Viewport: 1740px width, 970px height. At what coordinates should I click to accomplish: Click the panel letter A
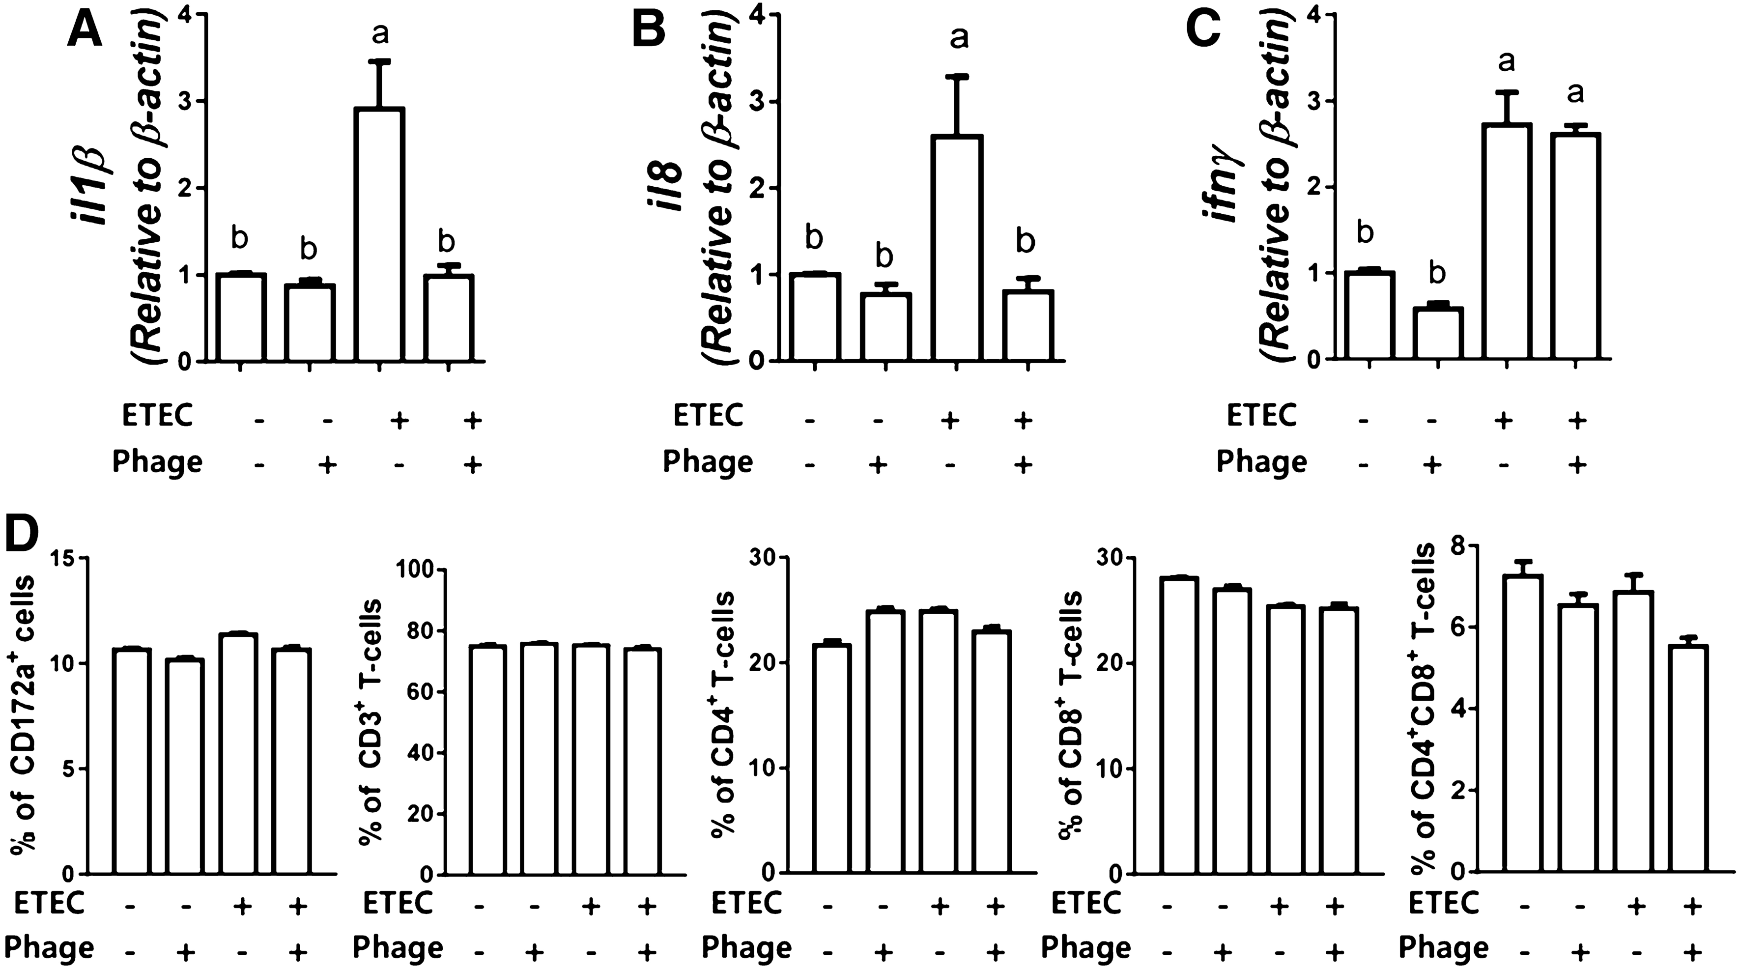point(85,31)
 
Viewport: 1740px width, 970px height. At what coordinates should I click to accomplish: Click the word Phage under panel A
point(157,463)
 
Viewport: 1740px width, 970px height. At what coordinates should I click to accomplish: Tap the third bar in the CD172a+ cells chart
point(239,753)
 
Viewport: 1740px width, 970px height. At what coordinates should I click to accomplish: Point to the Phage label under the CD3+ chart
point(398,947)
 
